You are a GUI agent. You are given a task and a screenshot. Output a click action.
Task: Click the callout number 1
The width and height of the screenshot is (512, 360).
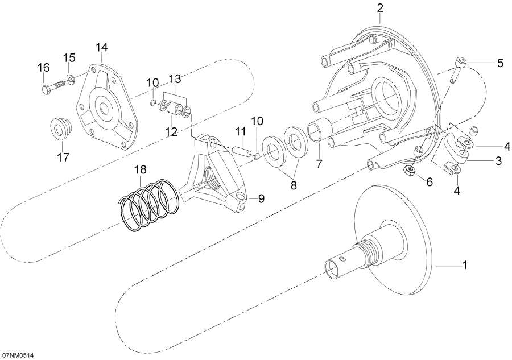click(464, 266)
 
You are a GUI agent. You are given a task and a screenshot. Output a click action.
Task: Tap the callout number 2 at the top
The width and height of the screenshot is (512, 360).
click(380, 8)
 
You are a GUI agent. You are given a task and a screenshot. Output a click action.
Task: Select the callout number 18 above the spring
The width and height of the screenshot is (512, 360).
click(141, 170)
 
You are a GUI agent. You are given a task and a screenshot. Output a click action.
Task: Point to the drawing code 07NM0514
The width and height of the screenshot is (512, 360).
click(18, 355)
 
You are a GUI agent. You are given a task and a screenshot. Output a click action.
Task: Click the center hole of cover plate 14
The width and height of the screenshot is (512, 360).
click(106, 107)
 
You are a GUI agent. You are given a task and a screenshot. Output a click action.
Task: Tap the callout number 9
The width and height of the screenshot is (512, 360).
click(261, 198)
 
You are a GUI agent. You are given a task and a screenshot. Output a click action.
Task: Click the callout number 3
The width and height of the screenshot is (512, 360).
click(498, 161)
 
